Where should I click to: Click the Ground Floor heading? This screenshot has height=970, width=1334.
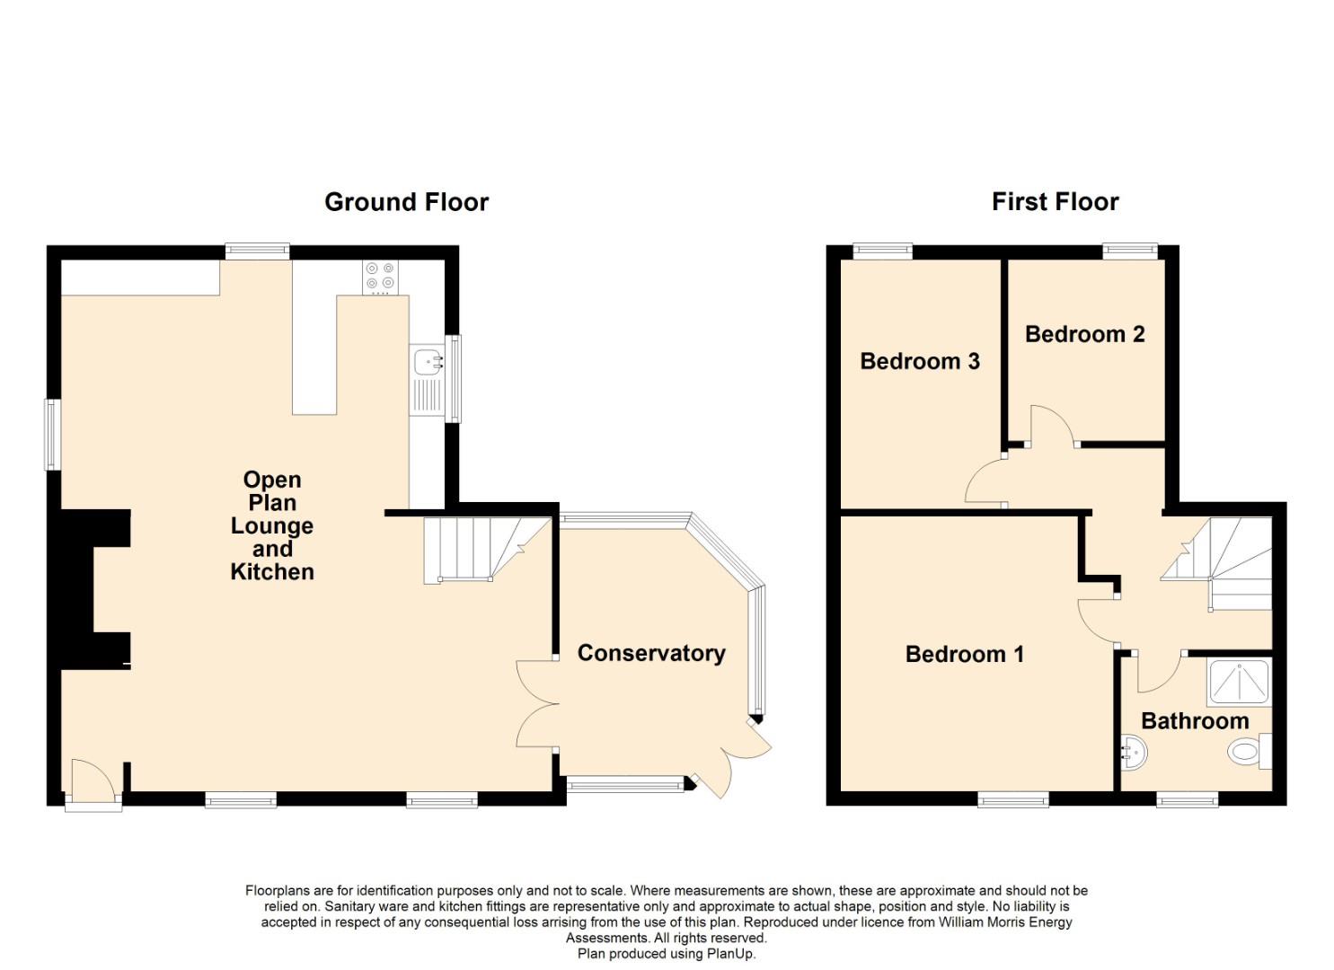[406, 203]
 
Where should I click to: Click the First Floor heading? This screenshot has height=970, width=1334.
[1055, 202]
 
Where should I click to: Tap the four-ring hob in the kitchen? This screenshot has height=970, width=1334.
[380, 278]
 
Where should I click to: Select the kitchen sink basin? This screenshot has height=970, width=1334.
[427, 361]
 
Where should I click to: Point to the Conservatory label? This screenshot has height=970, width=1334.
[651, 653]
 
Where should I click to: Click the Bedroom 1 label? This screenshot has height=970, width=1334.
[965, 655]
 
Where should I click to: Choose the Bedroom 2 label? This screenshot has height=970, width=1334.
[1085, 334]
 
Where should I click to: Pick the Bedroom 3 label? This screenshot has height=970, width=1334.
[920, 361]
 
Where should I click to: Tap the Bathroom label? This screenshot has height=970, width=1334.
[1196, 721]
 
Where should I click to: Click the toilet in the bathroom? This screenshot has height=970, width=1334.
[1249, 752]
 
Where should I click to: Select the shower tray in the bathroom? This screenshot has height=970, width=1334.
[1240, 681]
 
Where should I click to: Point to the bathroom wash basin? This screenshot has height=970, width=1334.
[1134, 754]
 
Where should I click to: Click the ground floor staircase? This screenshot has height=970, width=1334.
[487, 551]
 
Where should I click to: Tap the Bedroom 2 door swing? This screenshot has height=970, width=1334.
[1053, 425]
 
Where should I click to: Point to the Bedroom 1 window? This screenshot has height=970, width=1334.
[1013, 799]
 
